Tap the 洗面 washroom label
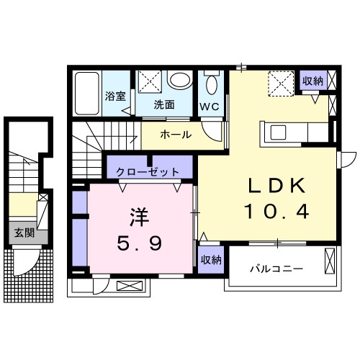164,104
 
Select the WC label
210,106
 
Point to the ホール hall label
175,135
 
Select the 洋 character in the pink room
138,217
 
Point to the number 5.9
138,243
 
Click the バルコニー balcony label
277,269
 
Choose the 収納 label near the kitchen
312,81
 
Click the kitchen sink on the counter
278,132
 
